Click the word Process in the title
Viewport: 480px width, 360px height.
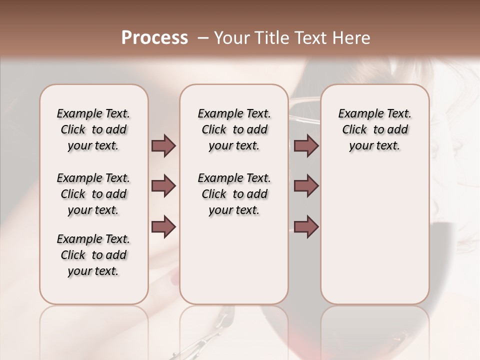tap(154, 38)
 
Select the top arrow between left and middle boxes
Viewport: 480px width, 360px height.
tap(163, 146)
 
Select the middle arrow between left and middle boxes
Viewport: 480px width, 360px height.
tap(163, 186)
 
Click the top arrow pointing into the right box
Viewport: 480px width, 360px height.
tap(306, 146)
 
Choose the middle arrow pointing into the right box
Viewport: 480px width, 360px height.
tap(306, 186)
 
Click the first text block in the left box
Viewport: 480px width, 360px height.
tap(93, 129)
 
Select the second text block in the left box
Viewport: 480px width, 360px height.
tap(93, 194)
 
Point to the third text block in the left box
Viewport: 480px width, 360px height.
tap(93, 255)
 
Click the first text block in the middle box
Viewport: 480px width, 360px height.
tap(234, 129)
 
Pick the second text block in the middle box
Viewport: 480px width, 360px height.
tap(234, 194)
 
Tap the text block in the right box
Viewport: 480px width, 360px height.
tap(375, 129)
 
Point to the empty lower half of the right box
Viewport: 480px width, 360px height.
tap(375, 240)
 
